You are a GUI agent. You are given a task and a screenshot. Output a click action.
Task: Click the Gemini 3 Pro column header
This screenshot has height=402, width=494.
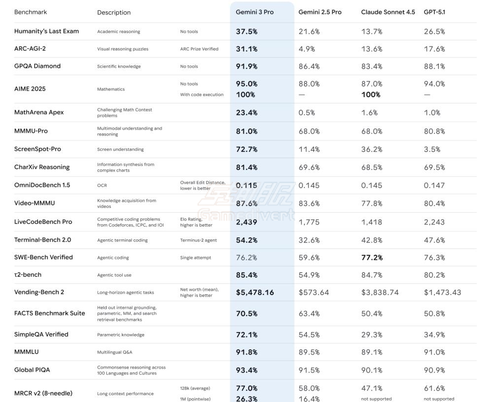tap(255, 12)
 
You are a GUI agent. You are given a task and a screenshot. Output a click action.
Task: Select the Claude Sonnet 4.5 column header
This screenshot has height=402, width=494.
tap(388, 12)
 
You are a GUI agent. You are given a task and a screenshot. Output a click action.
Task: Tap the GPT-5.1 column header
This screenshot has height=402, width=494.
tap(434, 12)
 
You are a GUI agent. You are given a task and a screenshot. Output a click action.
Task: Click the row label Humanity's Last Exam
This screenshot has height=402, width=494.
tap(46, 31)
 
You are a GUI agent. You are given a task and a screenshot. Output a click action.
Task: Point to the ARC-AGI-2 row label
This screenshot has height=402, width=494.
tap(30, 49)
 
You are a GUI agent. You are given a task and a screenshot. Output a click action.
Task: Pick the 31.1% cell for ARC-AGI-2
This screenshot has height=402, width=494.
tap(246, 49)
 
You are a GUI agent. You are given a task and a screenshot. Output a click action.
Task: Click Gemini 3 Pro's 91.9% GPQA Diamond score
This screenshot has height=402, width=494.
tap(246, 66)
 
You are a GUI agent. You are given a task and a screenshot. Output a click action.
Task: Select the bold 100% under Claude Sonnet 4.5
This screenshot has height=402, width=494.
tap(370, 95)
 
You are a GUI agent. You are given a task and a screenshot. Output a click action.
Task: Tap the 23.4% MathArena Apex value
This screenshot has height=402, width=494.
tap(246, 112)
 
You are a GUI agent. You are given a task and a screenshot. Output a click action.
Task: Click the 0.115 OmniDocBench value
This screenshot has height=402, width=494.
tap(246, 185)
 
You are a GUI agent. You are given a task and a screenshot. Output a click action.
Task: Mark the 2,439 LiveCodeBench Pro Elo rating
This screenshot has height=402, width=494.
tap(246, 222)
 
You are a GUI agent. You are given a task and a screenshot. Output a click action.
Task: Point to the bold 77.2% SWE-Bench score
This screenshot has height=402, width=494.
tap(372, 257)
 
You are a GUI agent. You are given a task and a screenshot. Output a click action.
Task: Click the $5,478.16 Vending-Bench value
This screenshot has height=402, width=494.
tap(255, 292)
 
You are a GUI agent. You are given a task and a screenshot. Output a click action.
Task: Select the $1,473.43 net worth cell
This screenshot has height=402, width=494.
tap(442, 292)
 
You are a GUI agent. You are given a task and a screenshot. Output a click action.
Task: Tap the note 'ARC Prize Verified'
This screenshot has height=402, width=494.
tap(199, 49)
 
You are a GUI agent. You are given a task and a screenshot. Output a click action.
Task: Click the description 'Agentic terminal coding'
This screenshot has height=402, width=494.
tap(122, 240)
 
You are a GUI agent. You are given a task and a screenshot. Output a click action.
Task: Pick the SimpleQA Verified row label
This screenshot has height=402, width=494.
tap(41, 334)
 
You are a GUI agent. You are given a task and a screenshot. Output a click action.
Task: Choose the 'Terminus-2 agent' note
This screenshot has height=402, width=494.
tap(198, 240)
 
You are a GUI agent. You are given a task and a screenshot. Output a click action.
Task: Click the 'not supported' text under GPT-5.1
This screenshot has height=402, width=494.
tap(439, 399)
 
